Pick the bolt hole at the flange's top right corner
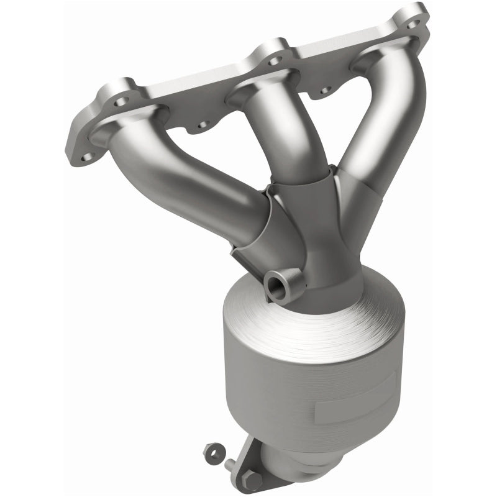tap(413, 24)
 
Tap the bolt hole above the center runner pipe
tap(271, 60)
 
